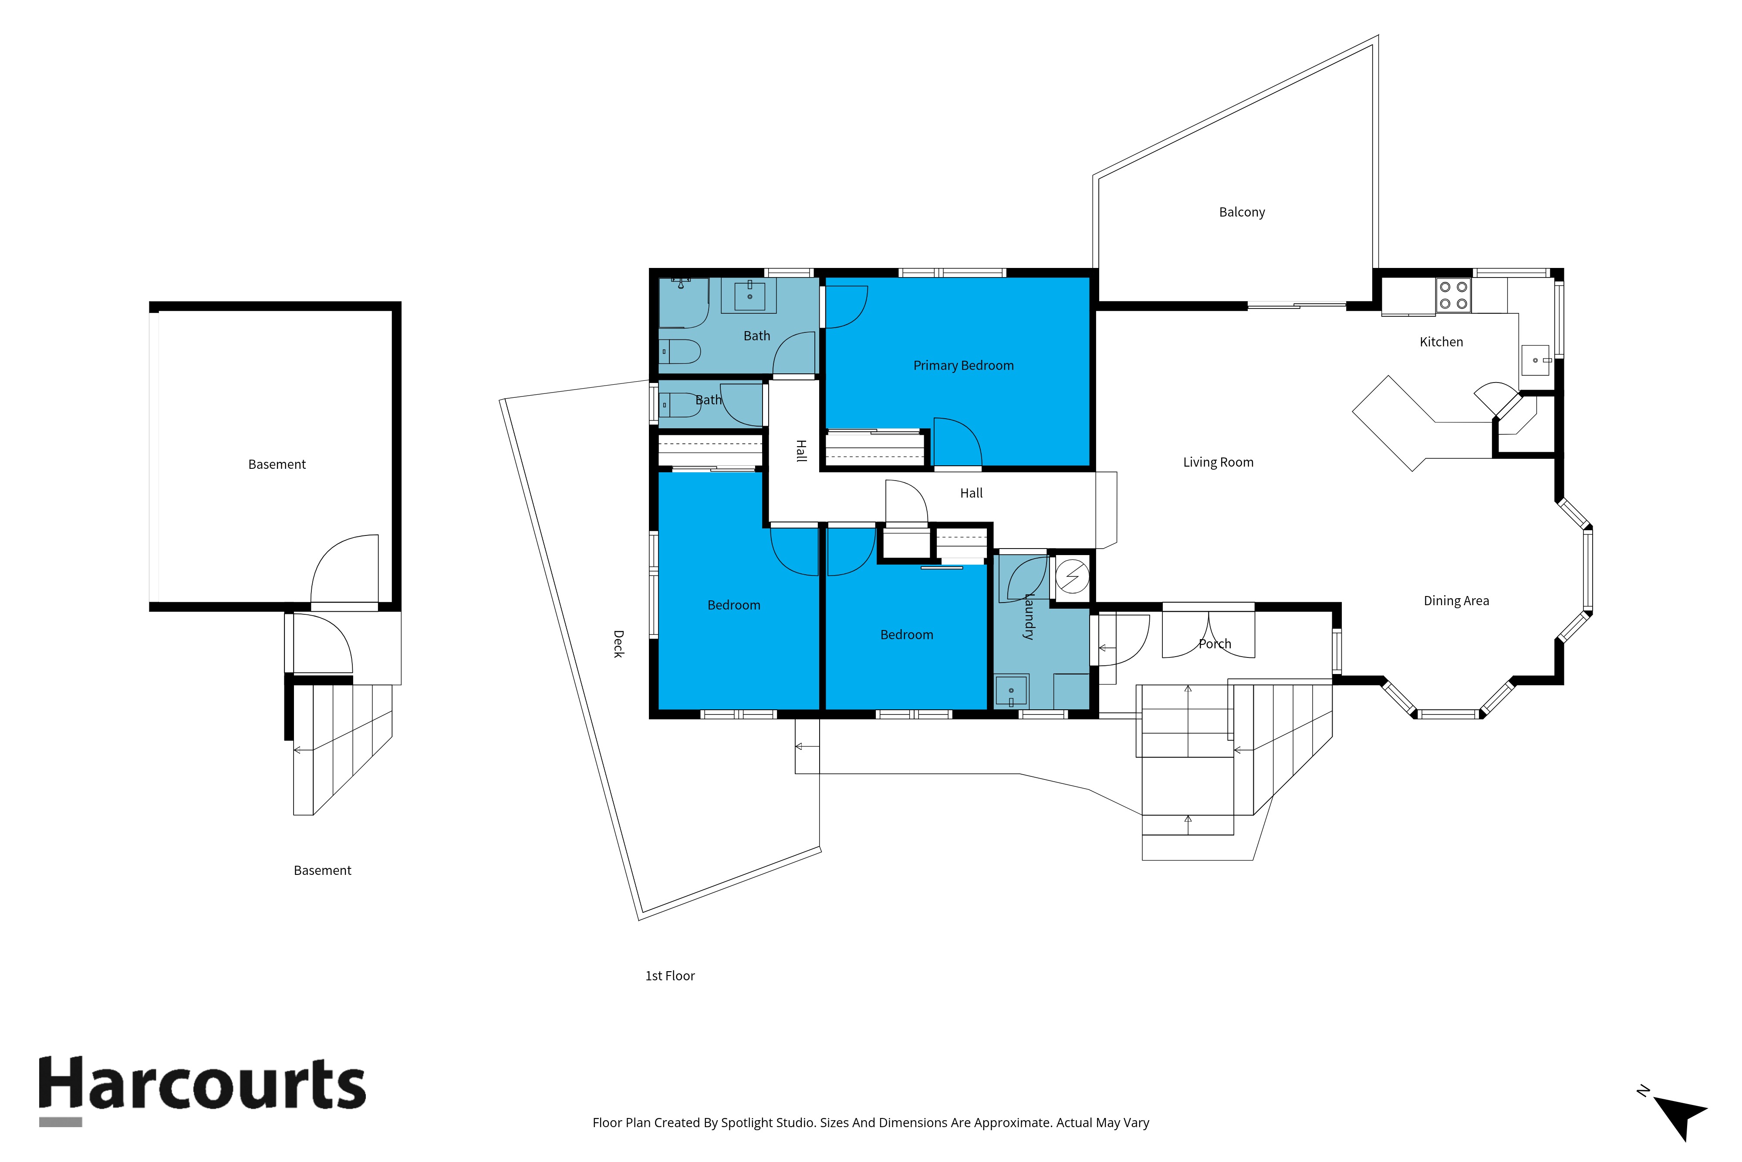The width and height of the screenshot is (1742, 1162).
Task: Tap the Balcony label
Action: (1242, 212)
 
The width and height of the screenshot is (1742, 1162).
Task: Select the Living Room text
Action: (1219, 462)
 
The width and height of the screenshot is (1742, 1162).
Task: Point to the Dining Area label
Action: (1456, 601)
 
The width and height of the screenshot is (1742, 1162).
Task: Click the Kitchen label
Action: (1442, 342)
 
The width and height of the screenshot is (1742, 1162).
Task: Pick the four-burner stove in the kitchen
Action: (1453, 295)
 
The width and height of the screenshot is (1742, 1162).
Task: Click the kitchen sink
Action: (1536, 360)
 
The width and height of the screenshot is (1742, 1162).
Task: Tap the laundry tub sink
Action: (1011, 691)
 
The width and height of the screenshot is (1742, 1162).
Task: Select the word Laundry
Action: (1028, 617)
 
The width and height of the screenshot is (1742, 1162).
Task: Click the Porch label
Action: (1215, 644)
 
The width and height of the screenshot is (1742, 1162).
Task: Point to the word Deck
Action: (618, 644)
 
